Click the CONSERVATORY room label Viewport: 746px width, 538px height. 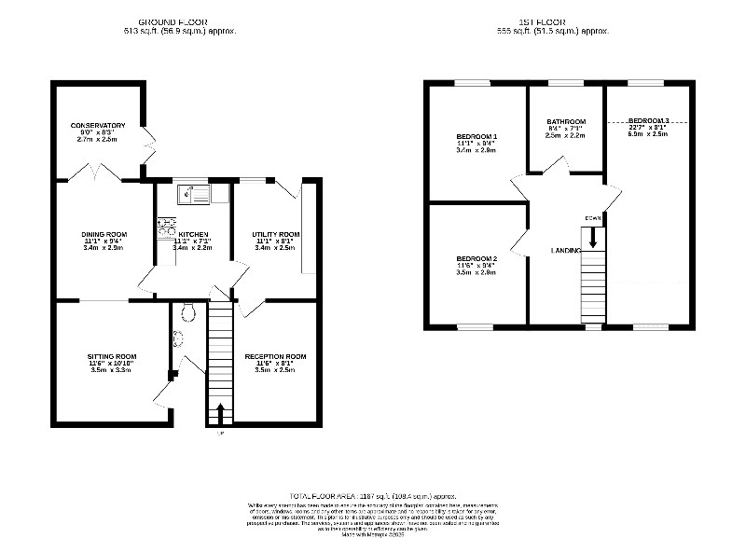click(x=98, y=125)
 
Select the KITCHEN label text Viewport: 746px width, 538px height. click(x=193, y=234)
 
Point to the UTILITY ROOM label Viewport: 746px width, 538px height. click(x=275, y=234)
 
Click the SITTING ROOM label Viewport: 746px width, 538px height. click(x=112, y=356)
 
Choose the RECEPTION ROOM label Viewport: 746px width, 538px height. click(x=275, y=356)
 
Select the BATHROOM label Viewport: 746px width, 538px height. click(x=565, y=122)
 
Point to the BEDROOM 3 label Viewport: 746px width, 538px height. click(x=648, y=121)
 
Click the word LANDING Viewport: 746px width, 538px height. click(x=566, y=250)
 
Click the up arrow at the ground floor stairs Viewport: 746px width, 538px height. click(x=220, y=411)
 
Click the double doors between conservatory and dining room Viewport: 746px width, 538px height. click(x=100, y=174)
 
